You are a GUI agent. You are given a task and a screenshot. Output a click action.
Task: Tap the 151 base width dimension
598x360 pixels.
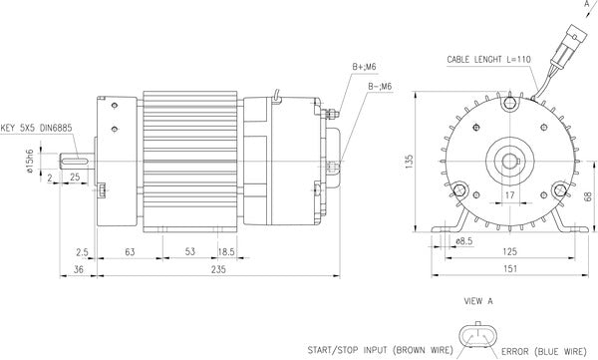click(x=508, y=269)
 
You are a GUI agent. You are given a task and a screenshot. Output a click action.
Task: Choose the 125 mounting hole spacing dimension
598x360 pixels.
click(x=508, y=252)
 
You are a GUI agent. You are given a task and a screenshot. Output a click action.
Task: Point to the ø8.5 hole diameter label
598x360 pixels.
click(x=463, y=240)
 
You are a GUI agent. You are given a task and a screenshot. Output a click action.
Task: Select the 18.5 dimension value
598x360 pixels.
click(x=226, y=252)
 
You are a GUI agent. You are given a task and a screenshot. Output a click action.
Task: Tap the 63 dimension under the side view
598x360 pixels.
click(x=130, y=252)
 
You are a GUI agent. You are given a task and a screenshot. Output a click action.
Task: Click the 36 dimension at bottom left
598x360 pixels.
click(x=77, y=269)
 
